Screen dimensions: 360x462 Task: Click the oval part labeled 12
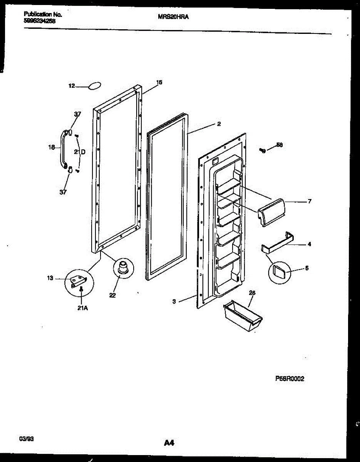tap(95, 86)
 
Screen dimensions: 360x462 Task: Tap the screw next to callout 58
tap(263, 150)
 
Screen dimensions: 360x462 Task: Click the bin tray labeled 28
tap(243, 316)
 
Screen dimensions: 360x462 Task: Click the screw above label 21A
tap(81, 289)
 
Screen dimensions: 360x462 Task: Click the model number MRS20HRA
tap(173, 17)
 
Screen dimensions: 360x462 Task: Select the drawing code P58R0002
tap(290, 379)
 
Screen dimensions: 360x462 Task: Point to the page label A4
tap(169, 443)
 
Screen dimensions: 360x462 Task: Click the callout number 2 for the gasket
tap(218, 124)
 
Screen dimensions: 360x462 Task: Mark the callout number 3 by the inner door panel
tap(174, 301)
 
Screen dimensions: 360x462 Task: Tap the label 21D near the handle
tap(80, 152)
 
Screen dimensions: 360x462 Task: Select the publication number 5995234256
tap(39, 22)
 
